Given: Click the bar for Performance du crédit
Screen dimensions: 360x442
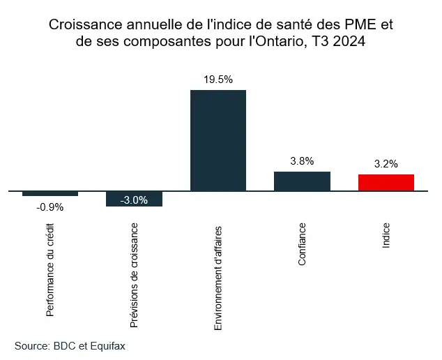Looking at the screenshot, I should (x=50, y=193).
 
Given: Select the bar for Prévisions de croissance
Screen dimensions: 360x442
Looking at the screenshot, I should (x=134, y=199).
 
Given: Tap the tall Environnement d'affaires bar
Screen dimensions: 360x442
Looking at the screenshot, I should (x=218, y=140).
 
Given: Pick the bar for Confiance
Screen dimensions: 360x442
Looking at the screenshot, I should (x=302, y=181).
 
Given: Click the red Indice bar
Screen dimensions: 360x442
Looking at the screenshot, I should (x=386, y=182).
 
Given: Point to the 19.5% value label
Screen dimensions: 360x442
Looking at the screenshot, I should (x=218, y=80).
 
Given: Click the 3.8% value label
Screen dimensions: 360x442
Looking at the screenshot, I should (x=302, y=161).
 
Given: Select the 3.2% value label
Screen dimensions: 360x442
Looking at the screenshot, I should (x=386, y=165).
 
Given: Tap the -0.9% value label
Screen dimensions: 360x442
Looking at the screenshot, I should (x=50, y=207).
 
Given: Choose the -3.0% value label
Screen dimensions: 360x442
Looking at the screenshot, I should (x=134, y=200).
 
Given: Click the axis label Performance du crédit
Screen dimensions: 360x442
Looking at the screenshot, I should (x=50, y=270).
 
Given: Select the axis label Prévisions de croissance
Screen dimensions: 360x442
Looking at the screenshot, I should (x=134, y=276).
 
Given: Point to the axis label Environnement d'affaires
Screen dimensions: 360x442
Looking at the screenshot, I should (x=218, y=278).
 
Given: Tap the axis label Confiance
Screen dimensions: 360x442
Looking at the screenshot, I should (x=302, y=245).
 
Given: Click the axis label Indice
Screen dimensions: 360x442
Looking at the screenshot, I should (x=386, y=237).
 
